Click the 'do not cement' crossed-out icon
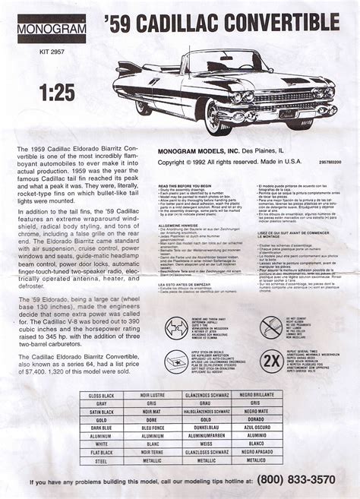[271, 327]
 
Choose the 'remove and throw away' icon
[176, 328]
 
